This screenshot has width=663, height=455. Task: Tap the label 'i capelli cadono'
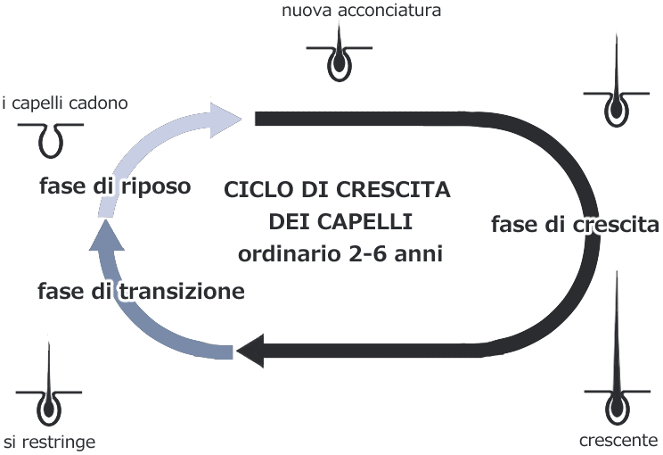point(65,103)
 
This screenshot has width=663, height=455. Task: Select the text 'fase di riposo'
point(115,186)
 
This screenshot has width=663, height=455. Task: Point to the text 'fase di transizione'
point(142,291)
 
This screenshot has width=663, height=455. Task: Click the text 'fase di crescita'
point(575,223)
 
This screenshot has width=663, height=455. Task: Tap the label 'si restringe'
point(48,442)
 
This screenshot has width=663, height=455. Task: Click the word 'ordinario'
point(283,253)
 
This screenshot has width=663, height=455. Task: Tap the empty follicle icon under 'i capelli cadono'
point(52,136)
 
